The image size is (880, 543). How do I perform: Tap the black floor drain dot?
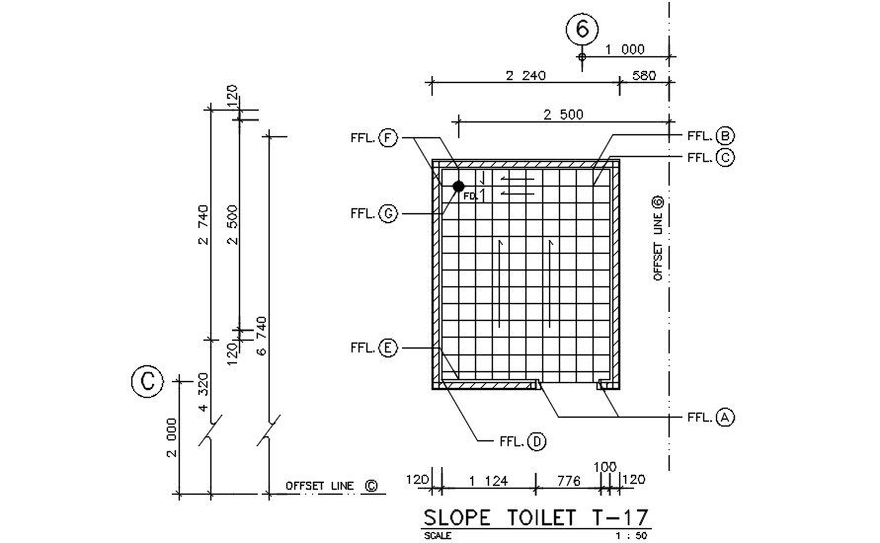(458, 186)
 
